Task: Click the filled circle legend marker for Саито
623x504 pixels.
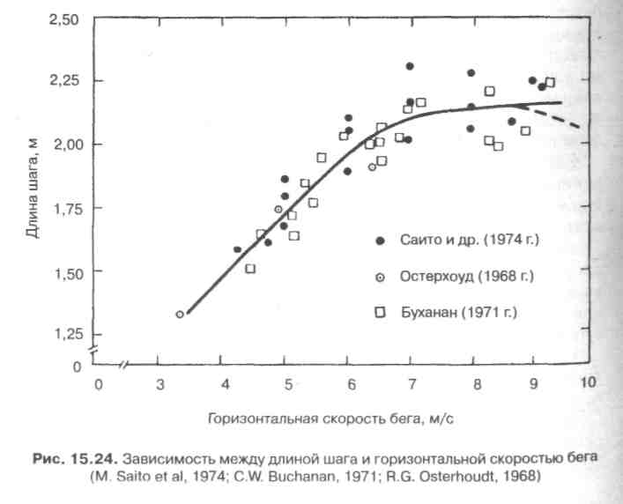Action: tap(380, 240)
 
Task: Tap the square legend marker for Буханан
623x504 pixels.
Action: tap(380, 311)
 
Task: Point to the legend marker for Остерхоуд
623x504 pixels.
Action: tap(380, 276)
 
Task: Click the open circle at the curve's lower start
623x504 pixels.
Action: tap(180, 315)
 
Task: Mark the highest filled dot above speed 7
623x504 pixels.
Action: tap(410, 66)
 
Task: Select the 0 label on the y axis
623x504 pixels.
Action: tap(77, 366)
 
